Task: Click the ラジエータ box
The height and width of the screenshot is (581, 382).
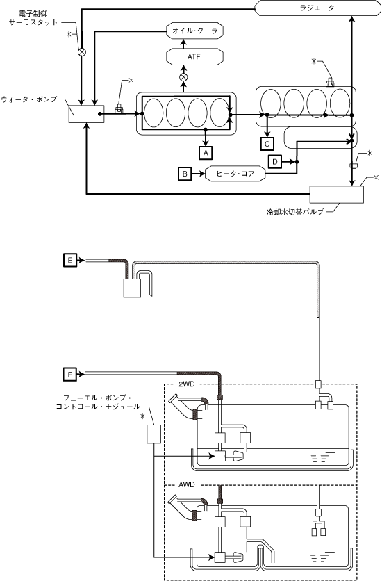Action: pyautogui.click(x=317, y=8)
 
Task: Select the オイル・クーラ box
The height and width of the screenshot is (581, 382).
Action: pyautogui.click(x=195, y=31)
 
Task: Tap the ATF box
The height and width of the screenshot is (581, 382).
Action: pyautogui.click(x=195, y=57)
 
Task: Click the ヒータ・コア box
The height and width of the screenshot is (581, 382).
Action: pyautogui.click(x=235, y=174)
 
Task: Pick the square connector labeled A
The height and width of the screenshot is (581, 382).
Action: pyautogui.click(x=206, y=152)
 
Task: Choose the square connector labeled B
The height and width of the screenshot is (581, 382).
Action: pyautogui.click(x=185, y=174)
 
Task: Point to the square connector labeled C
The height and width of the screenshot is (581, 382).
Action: pyautogui.click(x=267, y=143)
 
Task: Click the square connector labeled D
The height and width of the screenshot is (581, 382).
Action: pyautogui.click(x=275, y=161)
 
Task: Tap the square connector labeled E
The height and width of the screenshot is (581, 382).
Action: pyautogui.click(x=70, y=261)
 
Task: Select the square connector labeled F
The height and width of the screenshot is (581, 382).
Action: pyautogui.click(x=70, y=374)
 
